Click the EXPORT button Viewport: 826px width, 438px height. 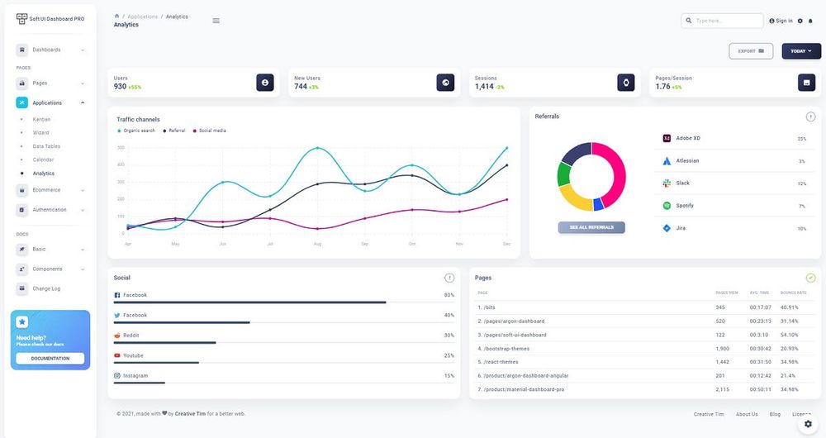point(751,51)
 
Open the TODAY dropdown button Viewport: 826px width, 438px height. point(801,51)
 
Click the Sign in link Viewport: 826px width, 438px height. point(781,21)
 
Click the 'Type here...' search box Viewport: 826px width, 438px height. point(723,21)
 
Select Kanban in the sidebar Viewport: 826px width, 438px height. point(41,119)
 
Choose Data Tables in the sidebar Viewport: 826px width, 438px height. point(46,146)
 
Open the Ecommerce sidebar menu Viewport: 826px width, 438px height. point(46,189)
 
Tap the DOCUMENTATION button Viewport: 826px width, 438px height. point(50,359)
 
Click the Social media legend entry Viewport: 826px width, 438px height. point(211,131)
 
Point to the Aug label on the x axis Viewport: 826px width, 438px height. point(317,244)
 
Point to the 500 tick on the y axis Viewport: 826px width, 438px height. point(121,148)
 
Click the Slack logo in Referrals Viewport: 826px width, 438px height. point(667,183)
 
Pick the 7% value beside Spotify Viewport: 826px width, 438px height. point(801,206)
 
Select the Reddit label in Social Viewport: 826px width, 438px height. point(131,336)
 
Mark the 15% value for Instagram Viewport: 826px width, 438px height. point(449,376)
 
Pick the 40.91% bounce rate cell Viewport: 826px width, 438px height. point(789,307)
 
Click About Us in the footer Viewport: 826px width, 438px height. point(747,414)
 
